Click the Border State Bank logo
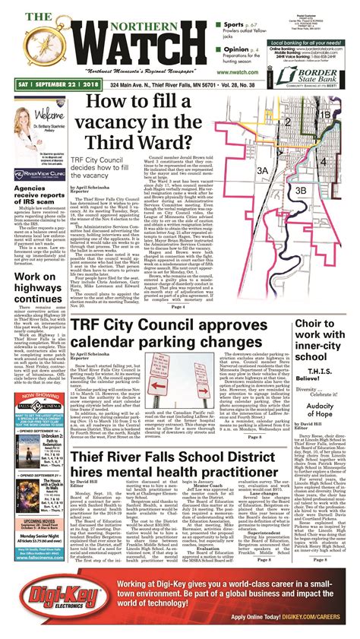[x=317, y=75]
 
